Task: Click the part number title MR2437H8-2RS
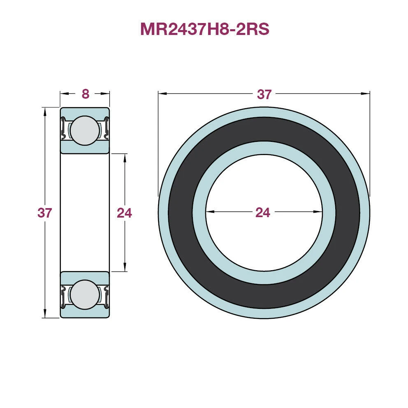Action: tap(204, 29)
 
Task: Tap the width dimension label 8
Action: tap(85, 94)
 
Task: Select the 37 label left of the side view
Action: tap(44, 213)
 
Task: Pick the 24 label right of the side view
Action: tap(124, 213)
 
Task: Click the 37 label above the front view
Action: tap(264, 94)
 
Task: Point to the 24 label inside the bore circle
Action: tap(263, 212)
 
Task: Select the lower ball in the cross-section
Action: tap(84, 294)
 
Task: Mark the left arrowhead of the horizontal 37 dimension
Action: tap(162, 94)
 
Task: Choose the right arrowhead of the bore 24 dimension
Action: tap(318, 212)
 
